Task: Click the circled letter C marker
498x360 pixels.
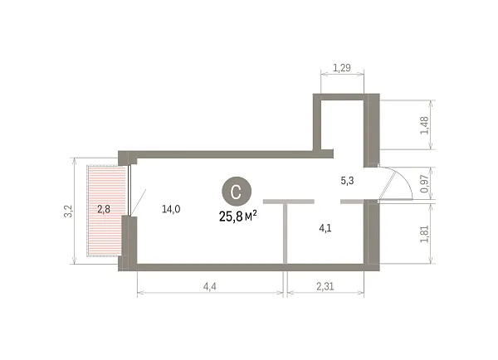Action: [x=237, y=191]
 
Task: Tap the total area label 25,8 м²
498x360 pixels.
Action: [x=238, y=216]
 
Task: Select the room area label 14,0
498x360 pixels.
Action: [x=171, y=209]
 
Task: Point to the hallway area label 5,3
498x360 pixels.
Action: [x=347, y=181]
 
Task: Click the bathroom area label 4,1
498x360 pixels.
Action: [x=325, y=227]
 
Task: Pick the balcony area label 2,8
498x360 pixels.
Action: [x=104, y=209]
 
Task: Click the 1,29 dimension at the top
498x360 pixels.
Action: [x=342, y=68]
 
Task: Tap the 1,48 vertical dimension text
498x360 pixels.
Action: [x=425, y=125]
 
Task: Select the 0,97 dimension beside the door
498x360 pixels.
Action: [x=425, y=183]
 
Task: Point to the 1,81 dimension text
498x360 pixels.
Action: [x=425, y=234]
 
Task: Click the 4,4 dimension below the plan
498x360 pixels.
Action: [x=210, y=286]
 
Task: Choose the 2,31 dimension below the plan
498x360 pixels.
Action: [x=325, y=286]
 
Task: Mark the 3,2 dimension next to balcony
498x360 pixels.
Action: [x=69, y=212]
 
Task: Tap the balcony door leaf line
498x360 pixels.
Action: [x=139, y=202]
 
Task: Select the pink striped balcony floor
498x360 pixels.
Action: [x=107, y=211]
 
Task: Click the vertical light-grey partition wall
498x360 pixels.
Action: [x=286, y=234]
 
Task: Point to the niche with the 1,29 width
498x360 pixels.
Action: [x=342, y=124]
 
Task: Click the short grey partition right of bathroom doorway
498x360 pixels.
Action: [x=352, y=202]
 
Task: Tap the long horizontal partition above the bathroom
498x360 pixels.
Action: [x=289, y=202]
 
